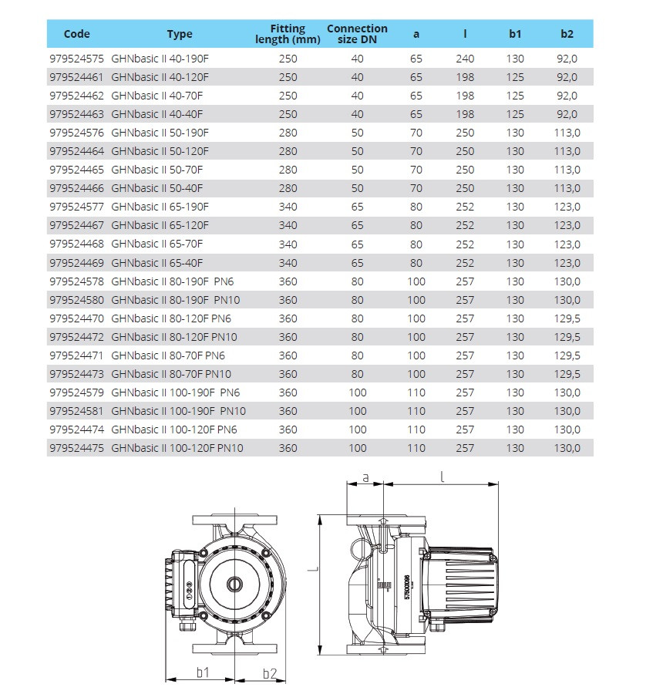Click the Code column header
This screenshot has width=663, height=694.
pos(77,34)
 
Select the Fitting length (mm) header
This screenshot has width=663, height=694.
pos(288,34)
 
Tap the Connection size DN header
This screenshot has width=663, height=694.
pos(357,34)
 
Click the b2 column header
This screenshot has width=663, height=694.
pos(567,34)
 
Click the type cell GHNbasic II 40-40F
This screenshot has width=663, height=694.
pos(157,114)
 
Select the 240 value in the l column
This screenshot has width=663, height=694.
pos(465,59)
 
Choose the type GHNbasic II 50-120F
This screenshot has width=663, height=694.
pos(160,151)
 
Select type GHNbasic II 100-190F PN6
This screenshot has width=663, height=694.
pos(176,392)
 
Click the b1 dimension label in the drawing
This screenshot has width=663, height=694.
pos(202,672)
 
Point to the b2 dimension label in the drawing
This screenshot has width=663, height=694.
pos(269,672)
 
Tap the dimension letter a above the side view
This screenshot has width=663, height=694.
pos(365,477)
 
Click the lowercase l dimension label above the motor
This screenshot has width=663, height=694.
pos(443,476)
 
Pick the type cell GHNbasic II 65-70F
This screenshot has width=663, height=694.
pos(157,244)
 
